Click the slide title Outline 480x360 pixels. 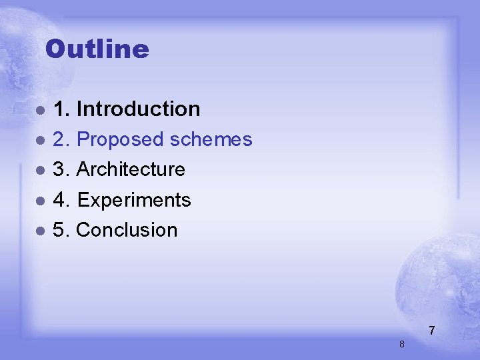click(x=97, y=49)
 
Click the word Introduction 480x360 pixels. click(x=139, y=109)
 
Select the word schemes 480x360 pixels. click(x=211, y=140)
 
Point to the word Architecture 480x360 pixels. click(x=131, y=170)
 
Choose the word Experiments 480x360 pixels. click(x=134, y=200)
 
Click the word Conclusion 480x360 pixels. click(x=127, y=230)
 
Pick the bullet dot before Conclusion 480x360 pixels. click(x=41, y=231)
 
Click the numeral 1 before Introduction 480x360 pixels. click(x=59, y=109)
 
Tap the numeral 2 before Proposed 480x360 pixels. click(x=59, y=140)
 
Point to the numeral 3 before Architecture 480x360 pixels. click(x=59, y=170)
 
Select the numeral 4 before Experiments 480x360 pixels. click(x=59, y=200)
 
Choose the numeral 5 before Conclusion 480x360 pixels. click(x=59, y=230)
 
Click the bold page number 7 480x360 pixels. click(x=432, y=331)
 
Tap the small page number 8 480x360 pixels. click(x=401, y=344)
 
